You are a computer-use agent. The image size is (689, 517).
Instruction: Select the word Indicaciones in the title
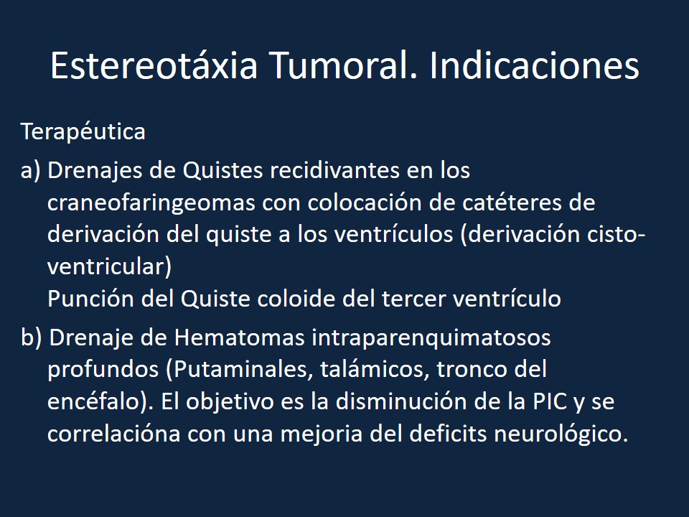(x=535, y=66)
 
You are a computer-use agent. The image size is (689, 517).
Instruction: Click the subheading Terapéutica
(x=83, y=132)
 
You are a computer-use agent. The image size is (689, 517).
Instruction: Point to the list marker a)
(x=31, y=172)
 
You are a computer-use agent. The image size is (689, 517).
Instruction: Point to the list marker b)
(x=32, y=337)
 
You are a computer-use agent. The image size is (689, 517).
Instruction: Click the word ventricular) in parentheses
(x=109, y=266)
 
